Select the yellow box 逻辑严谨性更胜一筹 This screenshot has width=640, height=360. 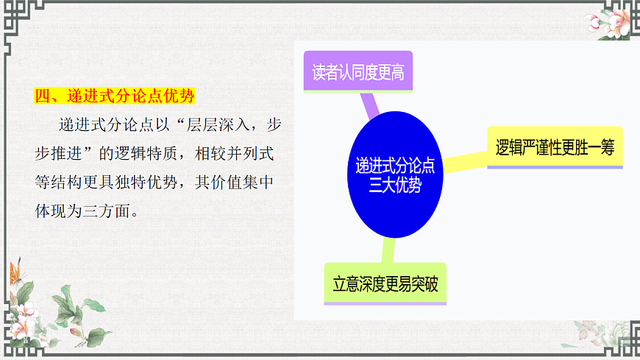point(555,147)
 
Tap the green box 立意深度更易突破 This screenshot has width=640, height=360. point(385,284)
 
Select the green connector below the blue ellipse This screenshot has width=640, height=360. point(387,250)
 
